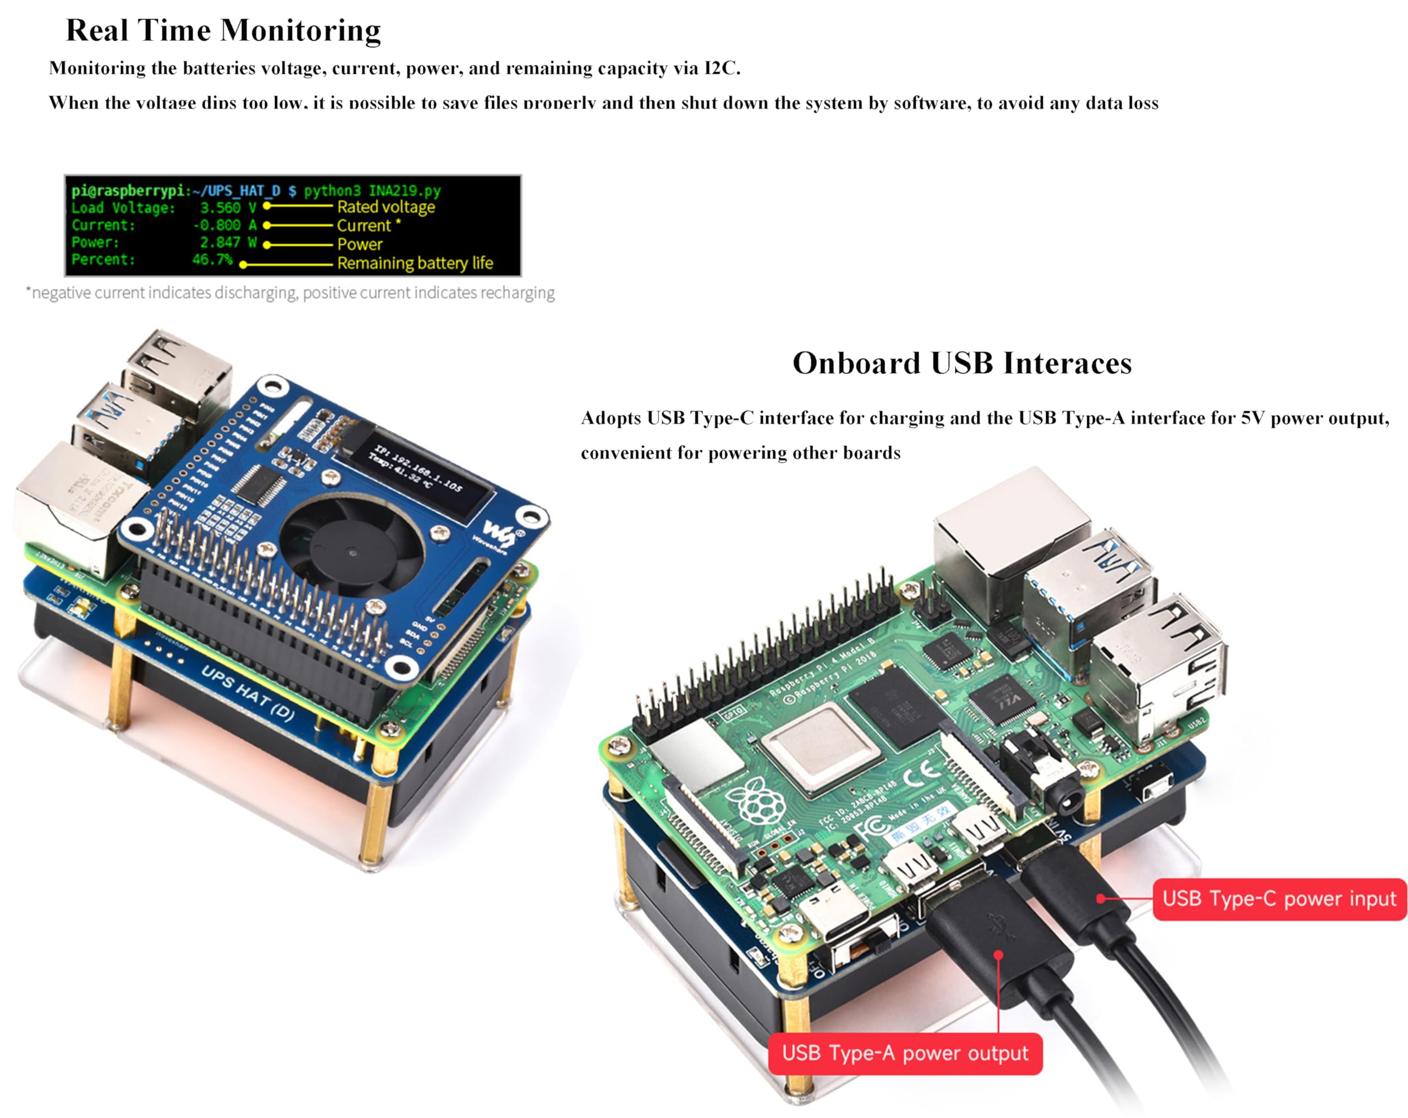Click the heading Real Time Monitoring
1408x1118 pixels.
[x=223, y=31]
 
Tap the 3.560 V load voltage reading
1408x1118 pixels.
[x=227, y=208]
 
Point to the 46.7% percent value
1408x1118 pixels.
[x=212, y=259]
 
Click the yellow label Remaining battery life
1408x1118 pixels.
[x=415, y=263]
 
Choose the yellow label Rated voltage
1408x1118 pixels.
[x=386, y=207]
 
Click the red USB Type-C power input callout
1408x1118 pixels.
[x=1279, y=899]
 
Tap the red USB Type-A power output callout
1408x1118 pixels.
[x=905, y=1053]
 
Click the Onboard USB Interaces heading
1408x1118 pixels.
[x=962, y=363]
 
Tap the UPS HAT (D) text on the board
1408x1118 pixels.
[x=247, y=692]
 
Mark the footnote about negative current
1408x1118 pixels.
[x=290, y=293]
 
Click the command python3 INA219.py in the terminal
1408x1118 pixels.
[x=372, y=191]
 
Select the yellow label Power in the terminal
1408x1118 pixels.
[x=359, y=244]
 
